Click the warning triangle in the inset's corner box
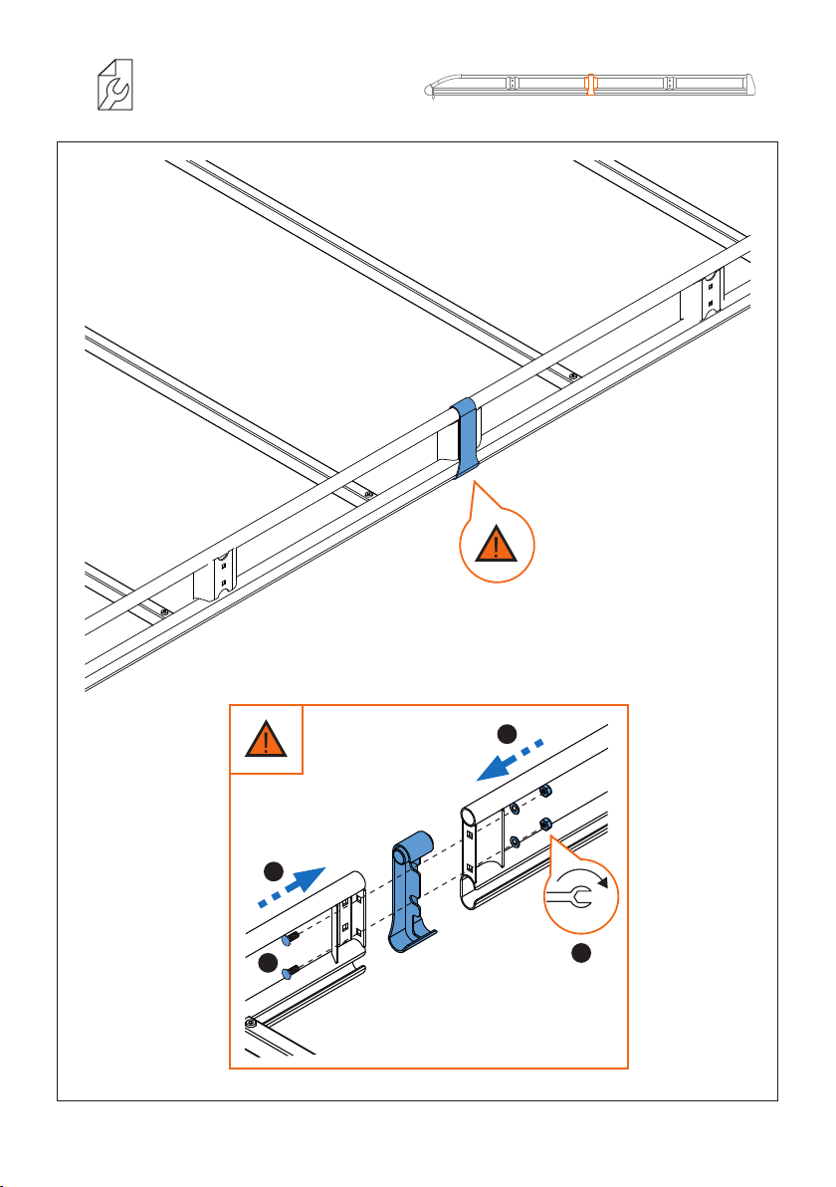[266, 740]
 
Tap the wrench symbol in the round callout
[581, 893]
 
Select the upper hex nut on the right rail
[545, 791]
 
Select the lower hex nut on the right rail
[546, 825]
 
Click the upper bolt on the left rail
[289, 937]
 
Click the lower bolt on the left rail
[290, 973]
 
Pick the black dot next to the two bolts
[266, 962]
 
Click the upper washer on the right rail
[514, 809]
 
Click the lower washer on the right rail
[514, 841]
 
